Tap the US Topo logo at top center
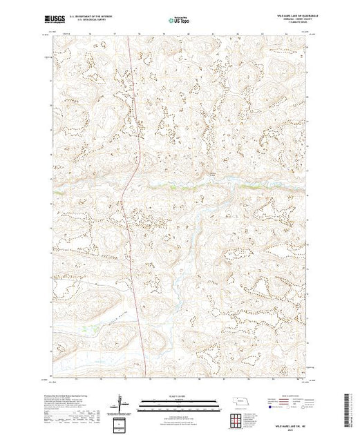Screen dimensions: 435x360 click(180, 21)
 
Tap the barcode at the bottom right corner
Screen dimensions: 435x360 click(349, 407)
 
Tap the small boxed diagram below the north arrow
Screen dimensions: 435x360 click(121, 423)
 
